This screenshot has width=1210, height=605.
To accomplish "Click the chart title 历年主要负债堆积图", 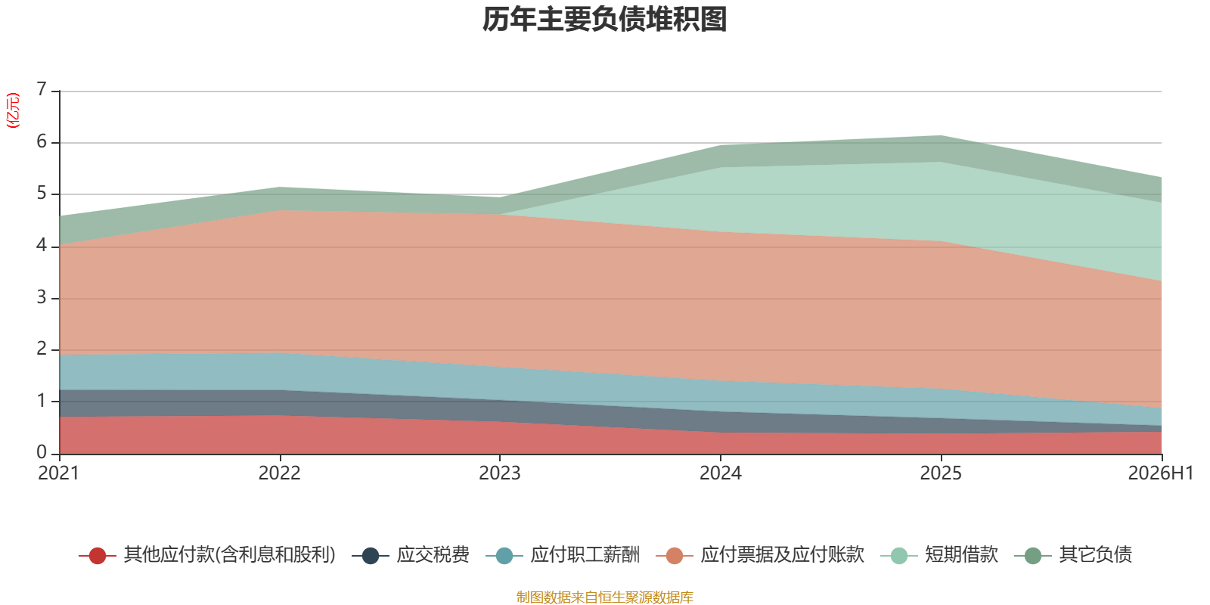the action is [x=604, y=20].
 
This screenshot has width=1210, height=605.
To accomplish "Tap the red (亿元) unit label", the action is [x=12, y=110].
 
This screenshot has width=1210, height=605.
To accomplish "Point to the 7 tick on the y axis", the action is [x=42, y=89].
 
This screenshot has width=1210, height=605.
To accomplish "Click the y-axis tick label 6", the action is [x=42, y=141].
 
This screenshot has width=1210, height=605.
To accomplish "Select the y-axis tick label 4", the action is [x=42, y=246].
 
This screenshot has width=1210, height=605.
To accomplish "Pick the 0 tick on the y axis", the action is [x=42, y=453].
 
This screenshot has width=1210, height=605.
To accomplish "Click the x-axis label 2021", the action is [x=58, y=473].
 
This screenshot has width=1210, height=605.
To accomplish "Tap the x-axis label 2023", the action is [x=500, y=473].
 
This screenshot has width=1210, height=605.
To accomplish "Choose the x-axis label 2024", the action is [x=721, y=473].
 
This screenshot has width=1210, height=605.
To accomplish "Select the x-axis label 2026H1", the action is [x=1160, y=473].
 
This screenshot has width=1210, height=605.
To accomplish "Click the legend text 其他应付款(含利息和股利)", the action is [x=230, y=555].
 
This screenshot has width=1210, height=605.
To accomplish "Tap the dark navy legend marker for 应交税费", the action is [x=370, y=555].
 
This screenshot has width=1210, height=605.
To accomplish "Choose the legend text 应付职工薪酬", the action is [x=585, y=555].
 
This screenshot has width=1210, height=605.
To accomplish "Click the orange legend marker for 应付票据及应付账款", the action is [x=675, y=555].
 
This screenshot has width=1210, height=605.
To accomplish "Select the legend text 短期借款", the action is [x=961, y=555].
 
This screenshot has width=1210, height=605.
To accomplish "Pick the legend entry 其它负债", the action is [x=1073, y=555].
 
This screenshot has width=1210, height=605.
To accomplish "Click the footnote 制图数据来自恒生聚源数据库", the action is [x=604, y=597].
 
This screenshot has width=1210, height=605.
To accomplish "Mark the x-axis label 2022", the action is [x=279, y=473].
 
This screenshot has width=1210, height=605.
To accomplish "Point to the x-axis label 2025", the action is [x=941, y=473].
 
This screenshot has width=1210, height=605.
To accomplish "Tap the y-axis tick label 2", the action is [x=42, y=349].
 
